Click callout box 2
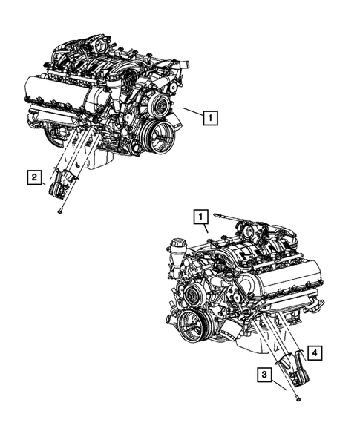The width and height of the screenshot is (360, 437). [34, 177]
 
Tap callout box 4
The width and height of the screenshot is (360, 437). [315, 352]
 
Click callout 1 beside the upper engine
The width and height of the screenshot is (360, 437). [212, 116]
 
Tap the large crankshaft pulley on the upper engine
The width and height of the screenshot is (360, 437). [158, 136]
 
